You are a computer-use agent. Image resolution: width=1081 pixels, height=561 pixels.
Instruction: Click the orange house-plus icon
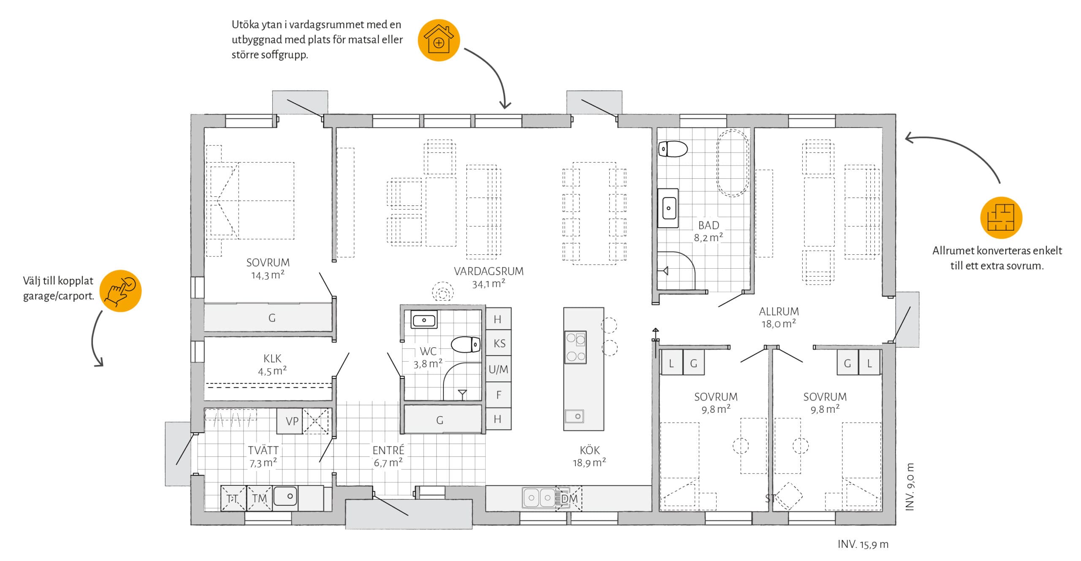[439, 40]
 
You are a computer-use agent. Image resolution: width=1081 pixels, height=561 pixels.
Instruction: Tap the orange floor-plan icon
[1001, 218]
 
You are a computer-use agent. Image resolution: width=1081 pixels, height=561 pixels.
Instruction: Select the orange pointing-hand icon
[121, 291]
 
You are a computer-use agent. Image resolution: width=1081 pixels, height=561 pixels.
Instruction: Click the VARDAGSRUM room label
[489, 271]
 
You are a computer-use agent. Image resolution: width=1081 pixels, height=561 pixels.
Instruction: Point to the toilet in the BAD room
[673, 149]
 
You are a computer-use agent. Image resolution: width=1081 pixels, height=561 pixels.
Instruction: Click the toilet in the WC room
[466, 344]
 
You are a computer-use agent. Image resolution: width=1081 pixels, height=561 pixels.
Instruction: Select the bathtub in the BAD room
[733, 163]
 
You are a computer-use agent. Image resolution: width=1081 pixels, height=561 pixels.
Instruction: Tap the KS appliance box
[499, 343]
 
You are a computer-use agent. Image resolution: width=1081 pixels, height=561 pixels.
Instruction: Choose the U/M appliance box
[499, 369]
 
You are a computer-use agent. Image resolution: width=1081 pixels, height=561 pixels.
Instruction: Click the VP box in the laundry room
[290, 421]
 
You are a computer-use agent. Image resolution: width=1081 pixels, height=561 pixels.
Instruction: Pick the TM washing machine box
[259, 498]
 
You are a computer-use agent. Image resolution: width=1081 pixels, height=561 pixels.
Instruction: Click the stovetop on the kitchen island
[576, 347]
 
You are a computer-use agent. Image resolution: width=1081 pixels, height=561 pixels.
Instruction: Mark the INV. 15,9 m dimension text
[863, 545]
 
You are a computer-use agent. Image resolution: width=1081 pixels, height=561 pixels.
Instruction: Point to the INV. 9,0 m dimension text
[910, 487]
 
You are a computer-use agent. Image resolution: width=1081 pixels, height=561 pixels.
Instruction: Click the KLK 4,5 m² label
[272, 365]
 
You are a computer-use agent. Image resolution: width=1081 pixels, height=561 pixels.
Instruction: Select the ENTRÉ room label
[388, 450]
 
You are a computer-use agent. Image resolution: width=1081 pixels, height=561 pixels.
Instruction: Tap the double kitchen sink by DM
[539, 498]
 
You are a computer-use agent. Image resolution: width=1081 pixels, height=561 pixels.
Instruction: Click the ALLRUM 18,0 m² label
[779, 318]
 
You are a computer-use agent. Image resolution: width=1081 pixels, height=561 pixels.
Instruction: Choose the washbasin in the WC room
[424, 320]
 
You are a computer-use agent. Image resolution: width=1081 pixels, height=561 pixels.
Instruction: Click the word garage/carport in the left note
[58, 296]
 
